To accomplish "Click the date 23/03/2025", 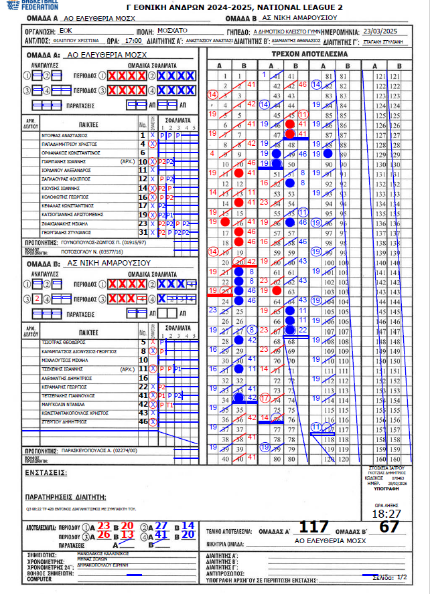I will point(380,30).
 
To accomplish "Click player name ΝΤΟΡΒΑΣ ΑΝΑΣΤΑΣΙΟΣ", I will point(65,135).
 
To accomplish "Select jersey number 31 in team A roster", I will point(142,231).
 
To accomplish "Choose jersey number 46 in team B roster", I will point(143,421).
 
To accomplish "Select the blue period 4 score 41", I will point(161,534).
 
